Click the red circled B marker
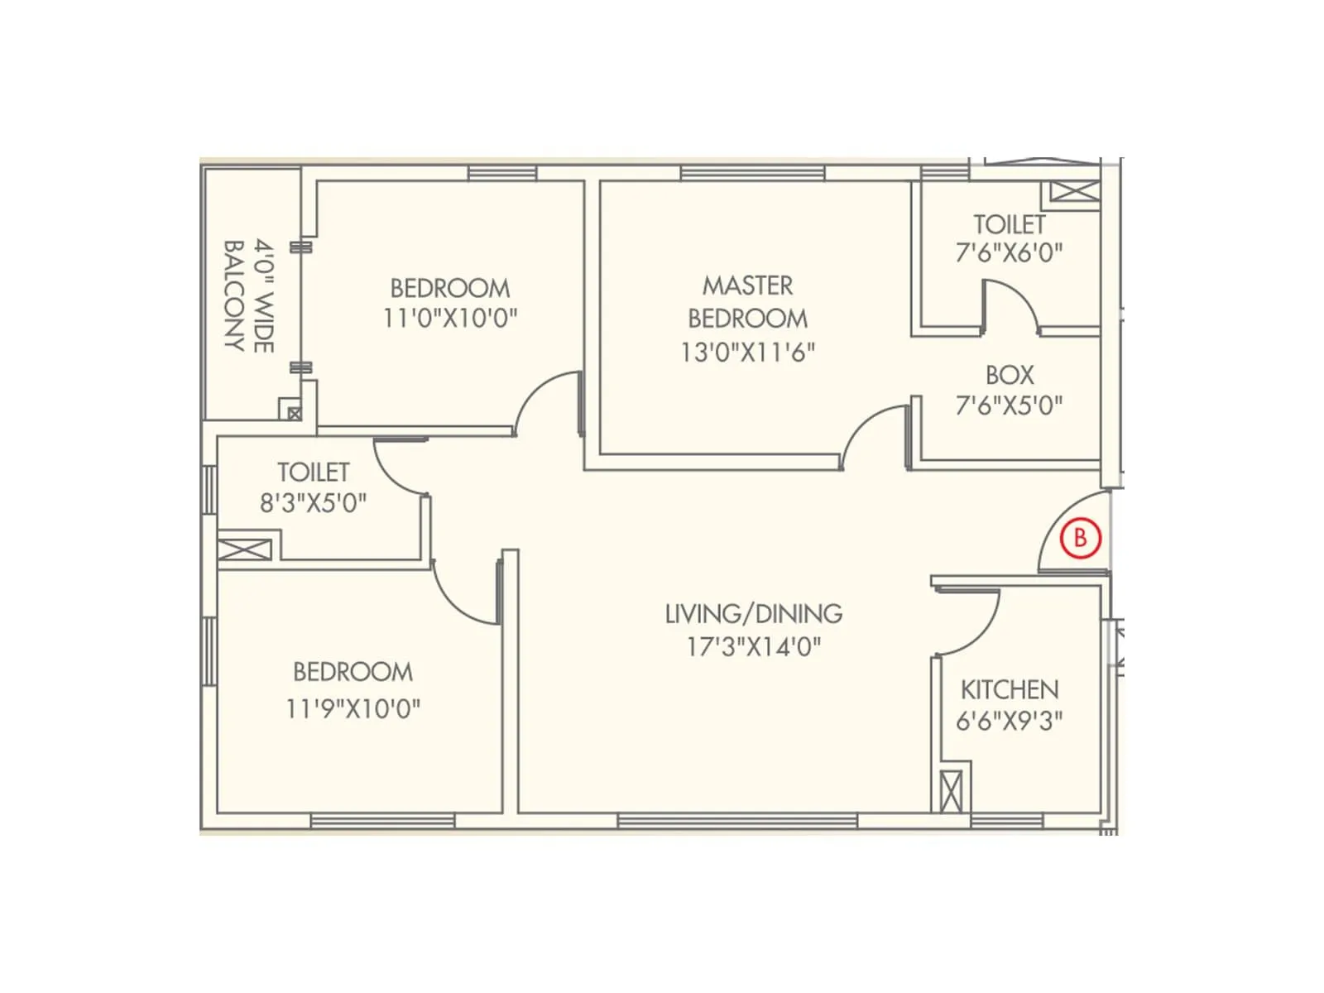click(x=1080, y=538)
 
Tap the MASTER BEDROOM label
click(x=748, y=302)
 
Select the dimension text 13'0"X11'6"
click(x=748, y=353)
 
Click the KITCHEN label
click(x=1010, y=689)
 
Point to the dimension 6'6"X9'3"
click(x=1010, y=721)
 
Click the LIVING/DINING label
click(x=754, y=614)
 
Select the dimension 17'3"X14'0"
click(x=754, y=646)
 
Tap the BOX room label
click(x=1010, y=375)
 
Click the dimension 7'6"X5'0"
click(x=1010, y=405)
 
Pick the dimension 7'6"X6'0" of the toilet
click(x=1010, y=252)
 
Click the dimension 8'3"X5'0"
click(x=313, y=503)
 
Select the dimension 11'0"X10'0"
click(x=450, y=318)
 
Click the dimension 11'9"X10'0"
click(x=353, y=708)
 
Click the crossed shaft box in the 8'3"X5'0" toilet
click(x=245, y=550)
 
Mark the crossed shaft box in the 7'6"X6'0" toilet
click(x=1075, y=192)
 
